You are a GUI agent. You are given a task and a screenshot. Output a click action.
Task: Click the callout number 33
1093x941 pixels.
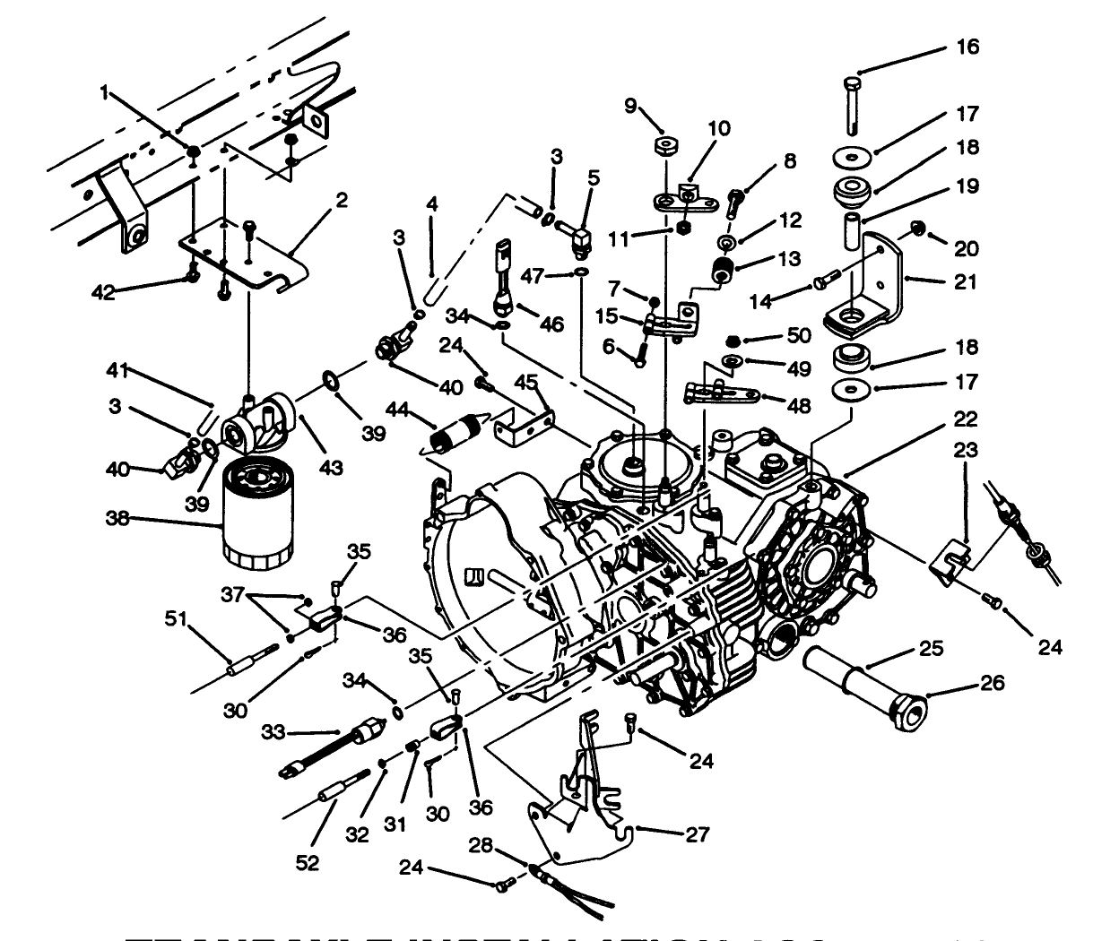(273, 732)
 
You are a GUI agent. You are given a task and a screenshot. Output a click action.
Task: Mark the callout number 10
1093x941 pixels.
(720, 128)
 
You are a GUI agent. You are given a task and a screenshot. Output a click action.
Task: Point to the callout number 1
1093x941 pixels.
(105, 91)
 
